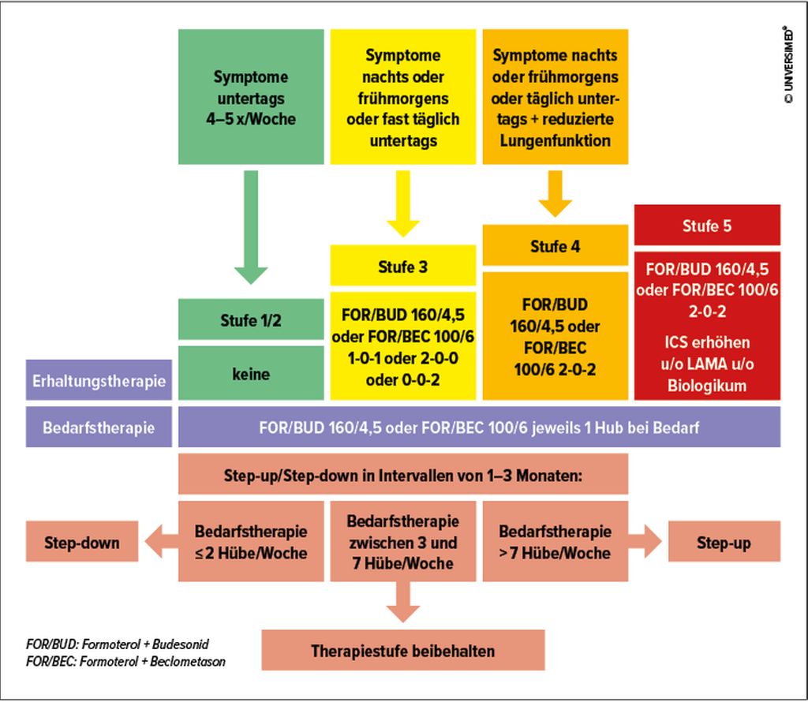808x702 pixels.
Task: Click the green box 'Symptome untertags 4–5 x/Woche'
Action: (x=251, y=97)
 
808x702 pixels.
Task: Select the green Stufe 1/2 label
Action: (x=251, y=319)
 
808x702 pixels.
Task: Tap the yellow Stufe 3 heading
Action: (x=402, y=265)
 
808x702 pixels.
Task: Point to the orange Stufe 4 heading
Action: (x=555, y=245)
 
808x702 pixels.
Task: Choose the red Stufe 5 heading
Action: (x=707, y=226)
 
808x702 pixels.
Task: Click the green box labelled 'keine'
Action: (x=251, y=373)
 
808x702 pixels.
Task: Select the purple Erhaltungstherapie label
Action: (x=99, y=381)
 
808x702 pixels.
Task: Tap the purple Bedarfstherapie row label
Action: (x=99, y=428)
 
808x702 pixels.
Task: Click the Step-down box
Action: (x=82, y=542)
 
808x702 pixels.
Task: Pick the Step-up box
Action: (x=724, y=542)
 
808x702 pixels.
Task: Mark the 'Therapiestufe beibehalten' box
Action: (x=402, y=651)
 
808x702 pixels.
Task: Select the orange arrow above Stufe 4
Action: (x=555, y=193)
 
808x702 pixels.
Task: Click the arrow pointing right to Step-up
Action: (x=647, y=542)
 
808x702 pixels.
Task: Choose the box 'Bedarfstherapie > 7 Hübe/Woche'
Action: (x=555, y=542)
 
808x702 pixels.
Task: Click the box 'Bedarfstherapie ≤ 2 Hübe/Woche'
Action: (x=251, y=542)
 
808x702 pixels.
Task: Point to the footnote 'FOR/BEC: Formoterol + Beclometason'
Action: (x=125, y=662)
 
